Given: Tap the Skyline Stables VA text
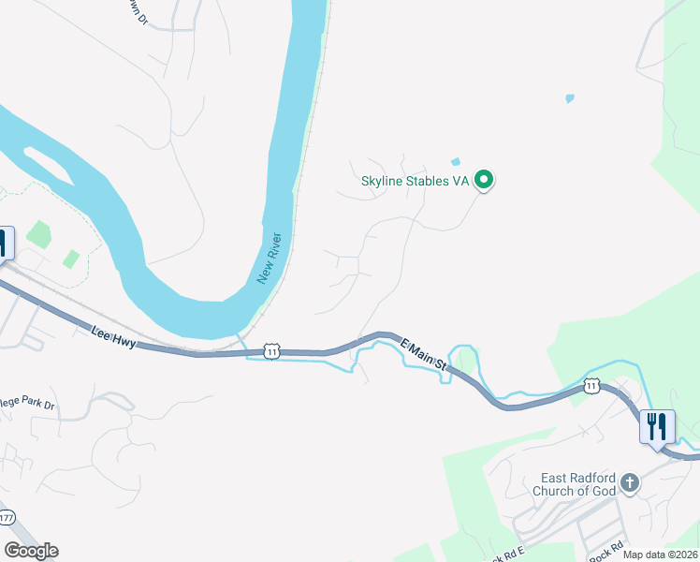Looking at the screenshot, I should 415,181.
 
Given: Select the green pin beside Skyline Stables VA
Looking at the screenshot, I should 484,179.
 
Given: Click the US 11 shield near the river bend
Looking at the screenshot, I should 271,350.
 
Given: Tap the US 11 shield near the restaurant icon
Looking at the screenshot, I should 591,385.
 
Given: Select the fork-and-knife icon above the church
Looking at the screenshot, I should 656,427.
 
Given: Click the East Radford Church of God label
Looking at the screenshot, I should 575,483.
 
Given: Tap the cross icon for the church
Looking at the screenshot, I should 631,483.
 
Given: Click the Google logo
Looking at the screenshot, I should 31,551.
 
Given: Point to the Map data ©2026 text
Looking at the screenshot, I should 661,555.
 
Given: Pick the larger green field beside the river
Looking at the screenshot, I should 39,234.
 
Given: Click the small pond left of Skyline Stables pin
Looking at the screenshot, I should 456,162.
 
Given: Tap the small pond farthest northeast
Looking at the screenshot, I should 569,97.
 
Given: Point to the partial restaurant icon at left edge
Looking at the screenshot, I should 4,244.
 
